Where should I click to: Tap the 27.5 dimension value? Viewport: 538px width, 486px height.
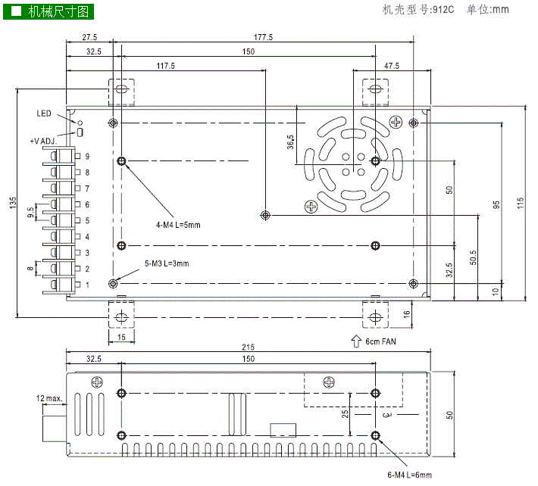pyautogui.click(x=89, y=36)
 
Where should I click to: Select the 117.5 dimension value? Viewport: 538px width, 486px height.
pyautogui.click(x=165, y=66)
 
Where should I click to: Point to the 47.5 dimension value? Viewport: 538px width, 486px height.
pyautogui.click(x=391, y=66)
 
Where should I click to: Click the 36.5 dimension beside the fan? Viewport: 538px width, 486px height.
pyautogui.click(x=291, y=143)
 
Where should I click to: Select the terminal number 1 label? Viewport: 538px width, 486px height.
pyautogui.click(x=88, y=285)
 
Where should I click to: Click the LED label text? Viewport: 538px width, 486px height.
pyautogui.click(x=43, y=114)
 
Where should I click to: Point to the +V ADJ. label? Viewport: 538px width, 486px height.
pyautogui.click(x=43, y=141)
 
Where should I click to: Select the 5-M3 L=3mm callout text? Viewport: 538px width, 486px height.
pyautogui.click(x=166, y=263)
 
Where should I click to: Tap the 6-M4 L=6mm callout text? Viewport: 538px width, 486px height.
pyautogui.click(x=409, y=475)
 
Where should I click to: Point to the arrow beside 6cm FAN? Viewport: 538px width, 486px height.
pyautogui.click(x=356, y=341)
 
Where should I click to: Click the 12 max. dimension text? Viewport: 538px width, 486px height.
pyautogui.click(x=48, y=397)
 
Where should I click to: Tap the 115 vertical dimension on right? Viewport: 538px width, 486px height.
pyautogui.click(x=521, y=204)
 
